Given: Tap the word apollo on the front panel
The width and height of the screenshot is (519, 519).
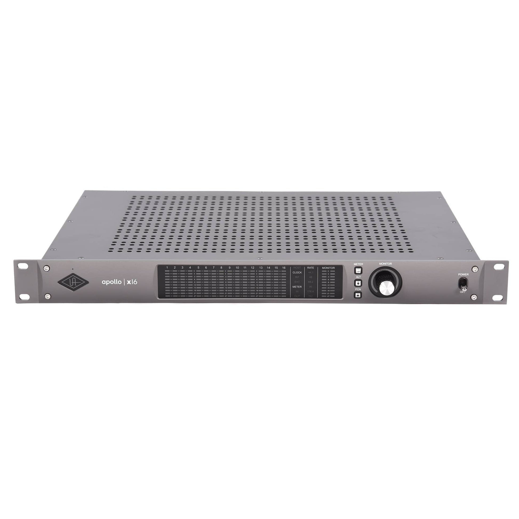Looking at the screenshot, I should click(x=111, y=282).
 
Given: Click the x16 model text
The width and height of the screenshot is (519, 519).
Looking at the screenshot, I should click(x=132, y=282).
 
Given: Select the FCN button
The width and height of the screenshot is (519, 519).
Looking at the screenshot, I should click(x=358, y=295).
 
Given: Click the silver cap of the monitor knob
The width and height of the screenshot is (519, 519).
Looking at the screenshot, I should click(x=386, y=288).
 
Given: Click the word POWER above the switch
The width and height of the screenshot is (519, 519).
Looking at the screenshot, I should click(x=464, y=274).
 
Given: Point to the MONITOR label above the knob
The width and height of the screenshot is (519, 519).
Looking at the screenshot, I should click(x=385, y=264).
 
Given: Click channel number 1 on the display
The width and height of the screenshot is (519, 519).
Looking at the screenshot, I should click(x=167, y=268).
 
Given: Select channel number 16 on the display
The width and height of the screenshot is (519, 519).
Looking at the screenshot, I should click(x=284, y=268).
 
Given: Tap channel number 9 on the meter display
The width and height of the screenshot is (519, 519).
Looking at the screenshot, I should click(x=229, y=268).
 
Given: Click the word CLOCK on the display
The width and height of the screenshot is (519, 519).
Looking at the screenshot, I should click(x=297, y=272).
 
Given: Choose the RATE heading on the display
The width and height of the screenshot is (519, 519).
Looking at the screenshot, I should click(x=310, y=268).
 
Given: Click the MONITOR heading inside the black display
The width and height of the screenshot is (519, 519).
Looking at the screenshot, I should click(x=328, y=268).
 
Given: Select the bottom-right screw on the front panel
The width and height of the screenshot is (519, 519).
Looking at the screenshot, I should click(x=474, y=297).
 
